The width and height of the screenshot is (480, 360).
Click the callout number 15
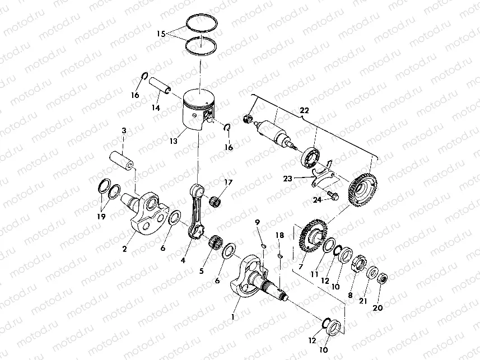[x=161, y=34]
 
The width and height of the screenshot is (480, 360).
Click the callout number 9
[x=258, y=223]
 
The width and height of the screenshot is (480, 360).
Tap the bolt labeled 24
[x=332, y=196]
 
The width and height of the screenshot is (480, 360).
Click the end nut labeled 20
[x=383, y=277]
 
